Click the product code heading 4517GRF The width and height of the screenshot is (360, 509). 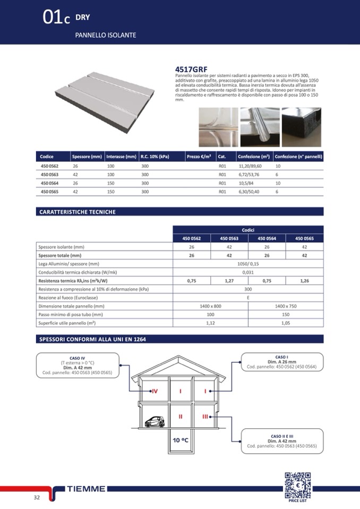pyautogui.click(x=191, y=70)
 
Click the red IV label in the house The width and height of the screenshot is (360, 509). pyautogui.click(x=155, y=391)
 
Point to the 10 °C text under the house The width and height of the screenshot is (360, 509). pyautogui.click(x=181, y=440)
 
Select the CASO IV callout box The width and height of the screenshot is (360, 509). pyautogui.click(x=77, y=366)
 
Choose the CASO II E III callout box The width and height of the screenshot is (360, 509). pyautogui.click(x=281, y=441)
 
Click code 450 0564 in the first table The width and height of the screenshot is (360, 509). pyautogui.click(x=50, y=183)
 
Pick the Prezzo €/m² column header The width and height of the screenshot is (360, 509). pyautogui.click(x=199, y=157)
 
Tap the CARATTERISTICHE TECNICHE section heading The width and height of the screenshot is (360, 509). pyautogui.click(x=78, y=212)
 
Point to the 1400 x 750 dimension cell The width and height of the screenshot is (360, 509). pyautogui.click(x=286, y=306)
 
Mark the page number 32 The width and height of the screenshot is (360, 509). pyautogui.click(x=36, y=497)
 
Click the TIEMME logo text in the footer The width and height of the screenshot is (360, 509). pyautogui.click(x=86, y=489)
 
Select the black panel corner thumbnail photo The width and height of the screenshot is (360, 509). pyautogui.click(x=301, y=127)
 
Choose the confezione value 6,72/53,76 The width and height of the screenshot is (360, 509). pyautogui.click(x=249, y=175)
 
